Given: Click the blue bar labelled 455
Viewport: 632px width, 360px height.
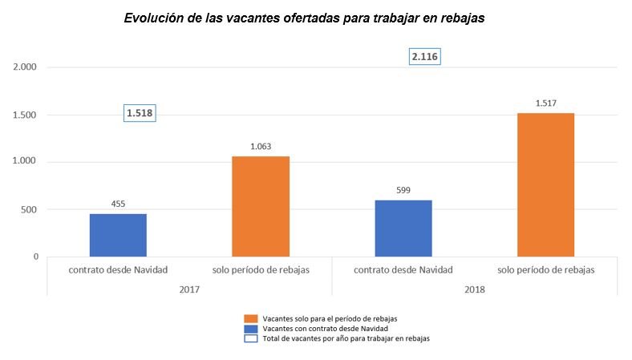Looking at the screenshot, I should pyautogui.click(x=118, y=235).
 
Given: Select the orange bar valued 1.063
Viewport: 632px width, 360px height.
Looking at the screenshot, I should pyautogui.click(x=261, y=206).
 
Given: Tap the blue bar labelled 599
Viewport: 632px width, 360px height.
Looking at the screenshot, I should pyautogui.click(x=403, y=229).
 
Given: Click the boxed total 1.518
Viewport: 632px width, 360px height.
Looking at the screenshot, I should pyautogui.click(x=139, y=113).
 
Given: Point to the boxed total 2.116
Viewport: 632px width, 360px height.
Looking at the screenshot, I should pyautogui.click(x=425, y=57).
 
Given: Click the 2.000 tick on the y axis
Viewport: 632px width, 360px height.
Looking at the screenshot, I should pyautogui.click(x=26, y=67).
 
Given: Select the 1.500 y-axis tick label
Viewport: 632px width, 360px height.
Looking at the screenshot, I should pyautogui.click(x=26, y=115).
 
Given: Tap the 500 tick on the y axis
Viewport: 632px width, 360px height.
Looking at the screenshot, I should pyautogui.click(x=30, y=209).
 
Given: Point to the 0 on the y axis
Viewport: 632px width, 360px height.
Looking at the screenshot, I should pyautogui.click(x=35, y=257).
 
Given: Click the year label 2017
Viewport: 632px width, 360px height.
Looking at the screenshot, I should pyautogui.click(x=189, y=288).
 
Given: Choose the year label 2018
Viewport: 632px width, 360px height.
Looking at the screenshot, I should pyautogui.click(x=475, y=288).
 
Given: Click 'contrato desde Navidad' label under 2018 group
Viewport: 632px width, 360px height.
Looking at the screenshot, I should pyautogui.click(x=403, y=270).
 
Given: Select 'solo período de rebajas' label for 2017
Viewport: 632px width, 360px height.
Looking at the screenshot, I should pyautogui.click(x=261, y=270).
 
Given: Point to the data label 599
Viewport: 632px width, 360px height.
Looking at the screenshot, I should pyautogui.click(x=403, y=190).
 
